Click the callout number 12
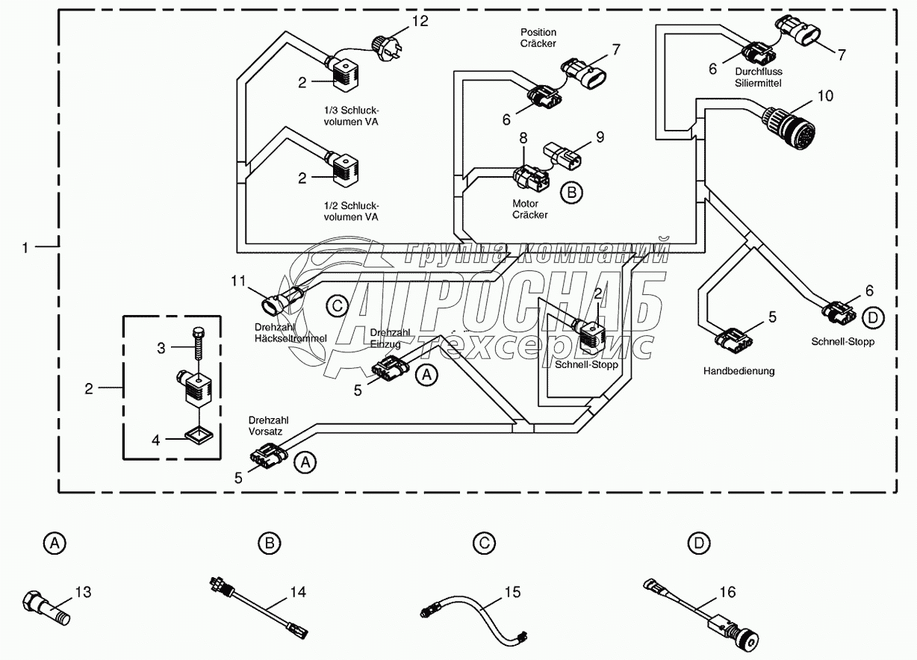pyautogui.click(x=420, y=20)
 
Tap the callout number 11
pyautogui.click(x=237, y=281)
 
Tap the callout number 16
pyautogui.click(x=727, y=592)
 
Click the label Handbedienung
pyautogui.click(x=739, y=371)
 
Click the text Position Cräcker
pyautogui.click(x=538, y=38)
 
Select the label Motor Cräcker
pyautogui.click(x=529, y=209)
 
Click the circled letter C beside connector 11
pyautogui.click(x=336, y=305)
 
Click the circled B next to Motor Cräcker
pyautogui.click(x=571, y=192)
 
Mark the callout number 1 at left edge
pyautogui.click(x=26, y=247)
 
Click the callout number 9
pyautogui.click(x=599, y=137)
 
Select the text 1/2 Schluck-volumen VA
pyautogui.click(x=351, y=211)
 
